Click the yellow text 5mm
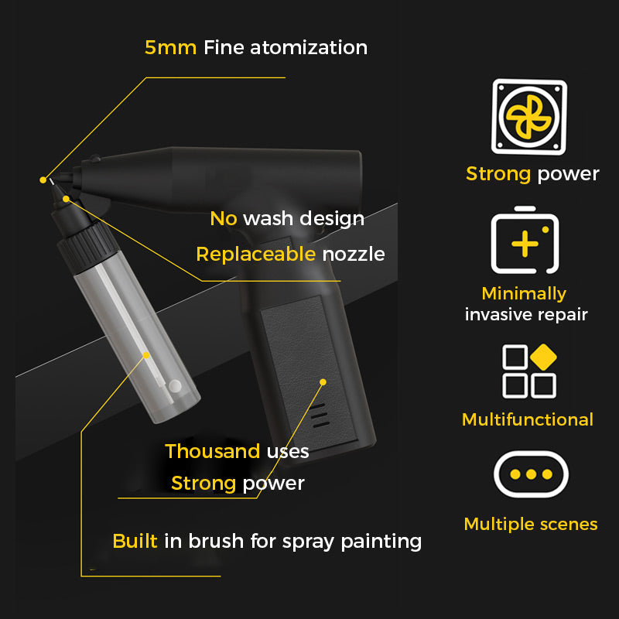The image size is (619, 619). click(170, 47)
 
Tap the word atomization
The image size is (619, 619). click(309, 47)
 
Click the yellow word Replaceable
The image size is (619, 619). click(256, 255)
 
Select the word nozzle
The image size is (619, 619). click(354, 255)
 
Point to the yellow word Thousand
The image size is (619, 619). click(212, 451)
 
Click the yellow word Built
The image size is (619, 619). click(135, 540)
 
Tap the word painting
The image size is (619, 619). click(381, 541)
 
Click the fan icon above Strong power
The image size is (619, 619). click(529, 117)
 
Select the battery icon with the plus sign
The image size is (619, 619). click(525, 240)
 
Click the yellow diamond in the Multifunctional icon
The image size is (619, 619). click(543, 357)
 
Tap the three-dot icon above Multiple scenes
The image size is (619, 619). click(531, 474)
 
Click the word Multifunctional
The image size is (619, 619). click(528, 419)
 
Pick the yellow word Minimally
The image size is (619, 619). click(525, 294)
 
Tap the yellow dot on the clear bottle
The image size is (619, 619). click(146, 355)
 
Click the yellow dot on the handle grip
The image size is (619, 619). click(323, 381)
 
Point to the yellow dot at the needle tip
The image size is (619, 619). click(43, 180)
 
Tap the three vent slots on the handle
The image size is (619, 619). click(319, 416)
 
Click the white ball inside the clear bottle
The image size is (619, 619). click(175, 385)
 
